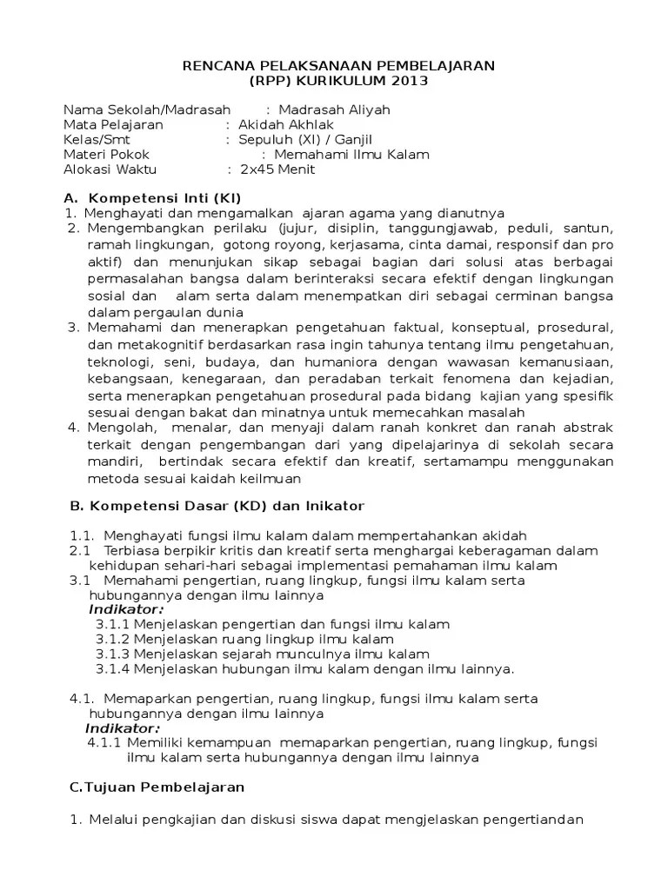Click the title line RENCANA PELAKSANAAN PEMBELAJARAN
[x=337, y=66]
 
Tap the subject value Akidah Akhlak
[x=285, y=124]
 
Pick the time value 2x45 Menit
[x=277, y=169]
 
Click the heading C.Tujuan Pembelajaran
[x=157, y=787]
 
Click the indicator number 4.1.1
[x=104, y=743]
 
